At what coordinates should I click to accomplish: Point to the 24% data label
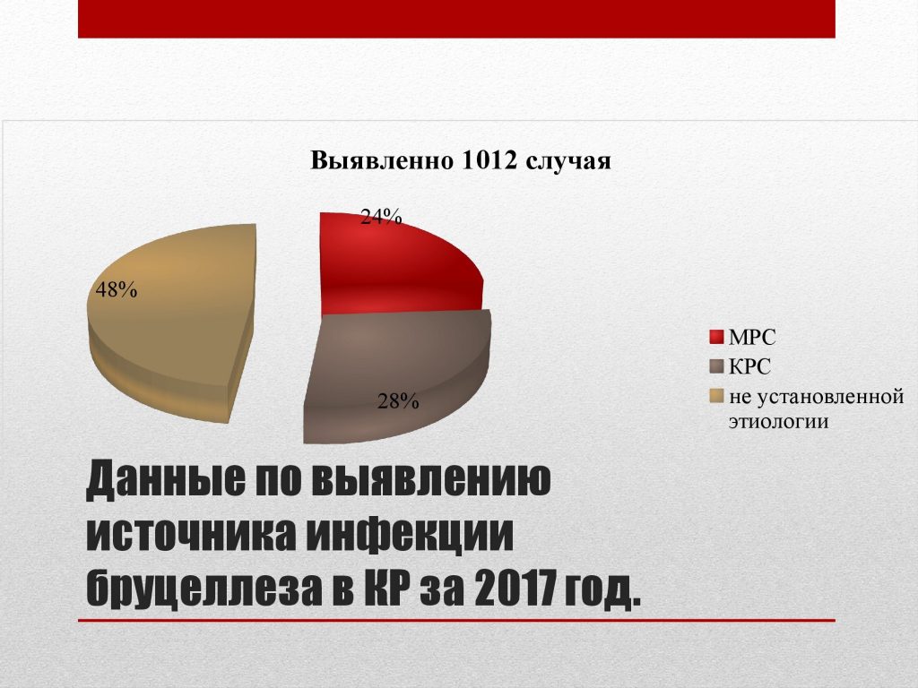[381, 217]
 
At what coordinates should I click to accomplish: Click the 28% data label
[398, 401]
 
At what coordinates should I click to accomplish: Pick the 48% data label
[117, 289]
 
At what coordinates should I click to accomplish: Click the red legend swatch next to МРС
[716, 338]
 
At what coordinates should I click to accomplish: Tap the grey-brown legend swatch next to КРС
[716, 366]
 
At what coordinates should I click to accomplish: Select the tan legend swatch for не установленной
[716, 396]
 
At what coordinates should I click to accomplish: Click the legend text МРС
[752, 338]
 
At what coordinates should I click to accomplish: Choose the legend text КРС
[750, 366]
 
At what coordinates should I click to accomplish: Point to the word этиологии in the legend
[779, 421]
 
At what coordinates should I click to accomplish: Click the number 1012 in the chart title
[489, 160]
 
